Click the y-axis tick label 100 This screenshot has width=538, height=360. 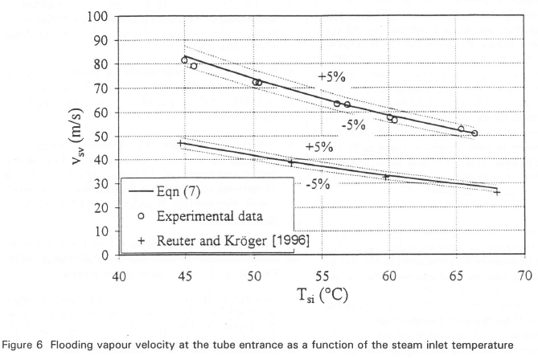coord(98,17)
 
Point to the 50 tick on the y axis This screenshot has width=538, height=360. coord(101,136)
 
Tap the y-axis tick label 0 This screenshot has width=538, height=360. coord(105,256)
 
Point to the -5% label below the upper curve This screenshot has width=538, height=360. coord(352,125)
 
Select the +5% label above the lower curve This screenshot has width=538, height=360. coord(319,147)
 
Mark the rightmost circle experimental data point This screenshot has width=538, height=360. coord(474,133)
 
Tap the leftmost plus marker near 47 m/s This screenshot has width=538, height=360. coord(180,143)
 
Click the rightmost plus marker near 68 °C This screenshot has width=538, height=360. coord(497,192)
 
